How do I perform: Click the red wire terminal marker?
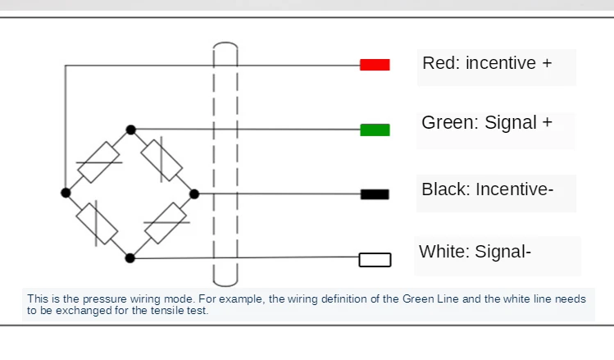[375, 65]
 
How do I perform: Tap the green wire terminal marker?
[375, 130]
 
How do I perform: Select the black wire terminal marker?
[375, 194]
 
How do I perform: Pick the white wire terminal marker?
[375, 260]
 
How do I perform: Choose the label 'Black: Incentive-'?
[487, 189]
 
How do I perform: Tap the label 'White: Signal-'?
[475, 252]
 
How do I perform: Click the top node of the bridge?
[130, 130]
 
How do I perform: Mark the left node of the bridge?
[66, 193]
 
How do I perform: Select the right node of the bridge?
[194, 194]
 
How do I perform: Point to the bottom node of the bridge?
[130, 257]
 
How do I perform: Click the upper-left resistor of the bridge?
[99, 162]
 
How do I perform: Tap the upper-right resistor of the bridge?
[161, 160]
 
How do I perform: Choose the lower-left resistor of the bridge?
[98, 223]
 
